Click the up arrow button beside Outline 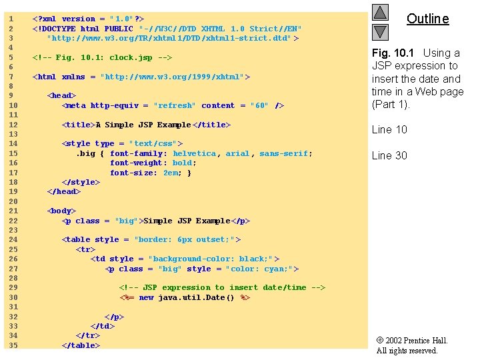tap(380, 12)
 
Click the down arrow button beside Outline tap(380, 31)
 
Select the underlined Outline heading tap(427, 19)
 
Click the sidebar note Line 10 tap(389, 130)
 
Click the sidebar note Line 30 tap(389, 156)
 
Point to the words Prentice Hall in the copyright tap(427, 341)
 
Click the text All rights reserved tap(407, 351)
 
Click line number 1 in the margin tap(11, 19)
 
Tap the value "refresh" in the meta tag tap(175, 105)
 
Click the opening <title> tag tap(78, 125)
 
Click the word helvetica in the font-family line tap(194, 153)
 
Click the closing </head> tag tap(64, 191)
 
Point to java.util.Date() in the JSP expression tap(197, 297)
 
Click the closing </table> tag tap(81, 345)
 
